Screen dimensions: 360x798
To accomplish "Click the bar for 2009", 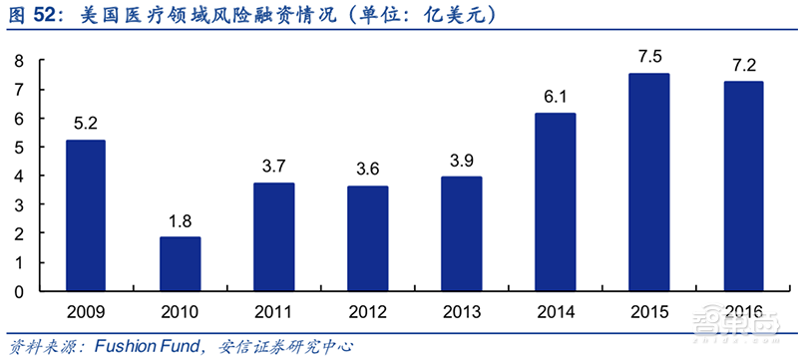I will (86, 215).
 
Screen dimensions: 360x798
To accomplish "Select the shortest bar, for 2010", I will (181, 264).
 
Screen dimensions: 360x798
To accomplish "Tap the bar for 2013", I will (462, 234).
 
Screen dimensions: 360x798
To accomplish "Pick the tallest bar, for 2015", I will (649, 182).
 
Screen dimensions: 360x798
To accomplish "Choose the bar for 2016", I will (743, 186).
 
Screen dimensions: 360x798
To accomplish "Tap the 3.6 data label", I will (368, 169).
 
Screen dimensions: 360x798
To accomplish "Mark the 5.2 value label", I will (86, 124).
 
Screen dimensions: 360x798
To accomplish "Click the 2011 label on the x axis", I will (274, 309).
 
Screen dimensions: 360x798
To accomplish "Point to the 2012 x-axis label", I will (368, 309).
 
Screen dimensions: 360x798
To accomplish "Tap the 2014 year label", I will (556, 309).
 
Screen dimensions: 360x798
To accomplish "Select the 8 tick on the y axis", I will (18, 62).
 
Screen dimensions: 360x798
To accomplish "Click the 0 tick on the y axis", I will (18, 292).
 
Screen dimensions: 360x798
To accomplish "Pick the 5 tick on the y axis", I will (18, 149).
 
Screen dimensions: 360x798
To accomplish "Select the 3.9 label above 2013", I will (462, 160).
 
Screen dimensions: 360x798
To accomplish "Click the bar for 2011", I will (274, 237).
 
